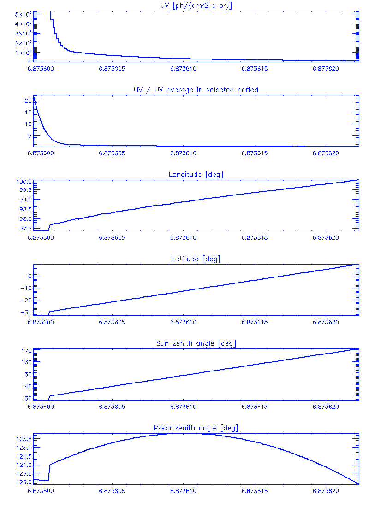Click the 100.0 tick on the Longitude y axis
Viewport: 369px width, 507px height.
coord(24,182)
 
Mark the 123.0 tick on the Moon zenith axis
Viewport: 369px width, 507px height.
coord(23,483)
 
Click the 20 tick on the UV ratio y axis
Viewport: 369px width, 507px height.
coord(28,100)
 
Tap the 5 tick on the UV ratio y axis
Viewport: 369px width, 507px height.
coord(30,136)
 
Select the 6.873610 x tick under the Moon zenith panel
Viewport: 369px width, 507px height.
coord(183,491)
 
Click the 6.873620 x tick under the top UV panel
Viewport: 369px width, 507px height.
coord(326,69)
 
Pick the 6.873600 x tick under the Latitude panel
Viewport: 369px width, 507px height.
coord(41,322)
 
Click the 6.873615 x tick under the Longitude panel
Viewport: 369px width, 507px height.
coord(255,238)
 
